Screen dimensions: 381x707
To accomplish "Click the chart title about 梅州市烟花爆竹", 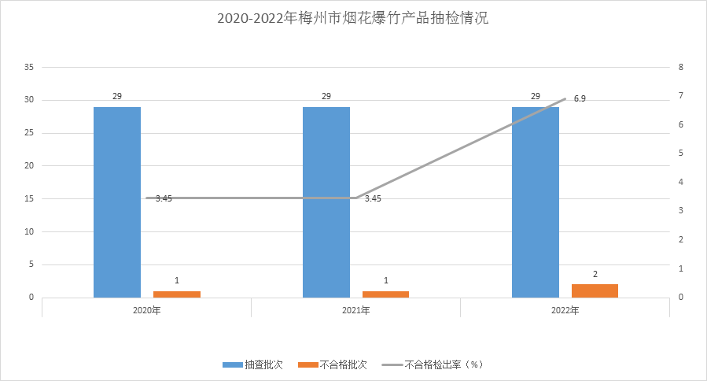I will click(353, 18).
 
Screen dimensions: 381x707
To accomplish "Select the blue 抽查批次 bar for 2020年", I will click(117, 202).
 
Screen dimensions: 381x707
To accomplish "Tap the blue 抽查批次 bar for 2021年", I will click(326, 202).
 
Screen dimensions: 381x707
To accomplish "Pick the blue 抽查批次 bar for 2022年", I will click(536, 202).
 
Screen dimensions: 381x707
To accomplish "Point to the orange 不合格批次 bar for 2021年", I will click(386, 294).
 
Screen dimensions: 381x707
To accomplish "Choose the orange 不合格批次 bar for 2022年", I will click(595, 291).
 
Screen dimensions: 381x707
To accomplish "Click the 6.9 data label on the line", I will click(580, 98).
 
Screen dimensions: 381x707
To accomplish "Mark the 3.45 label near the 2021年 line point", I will click(373, 198).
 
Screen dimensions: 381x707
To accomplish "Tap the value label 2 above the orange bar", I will click(595, 274).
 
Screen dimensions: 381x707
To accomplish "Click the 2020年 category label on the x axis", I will click(146, 311).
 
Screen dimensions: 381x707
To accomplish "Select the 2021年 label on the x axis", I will click(355, 311).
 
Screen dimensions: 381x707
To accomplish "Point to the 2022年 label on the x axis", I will click(565, 311).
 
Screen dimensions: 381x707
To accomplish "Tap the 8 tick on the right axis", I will click(681, 67).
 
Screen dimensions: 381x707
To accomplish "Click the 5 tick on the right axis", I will click(681, 154).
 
